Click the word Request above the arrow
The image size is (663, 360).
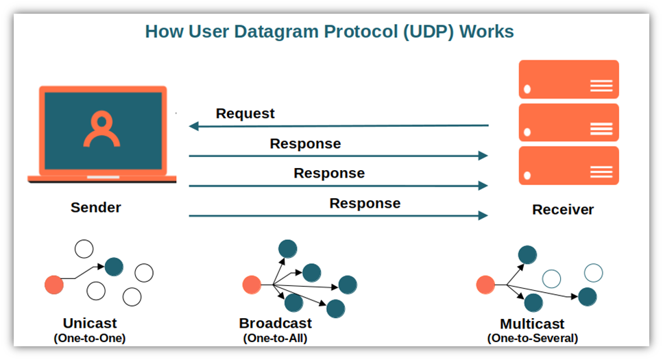[245, 114]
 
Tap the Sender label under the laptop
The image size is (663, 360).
[96, 207]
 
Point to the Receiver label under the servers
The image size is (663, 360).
[563, 210]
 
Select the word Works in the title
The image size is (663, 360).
[487, 32]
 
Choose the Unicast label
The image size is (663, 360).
[90, 323]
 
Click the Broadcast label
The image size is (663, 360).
[275, 323]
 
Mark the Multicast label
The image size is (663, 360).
[532, 324]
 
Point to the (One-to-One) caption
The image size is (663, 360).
[90, 338]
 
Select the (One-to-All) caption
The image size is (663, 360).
[275, 338]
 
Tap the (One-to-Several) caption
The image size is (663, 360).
[532, 338]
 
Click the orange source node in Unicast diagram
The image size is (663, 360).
[53, 283]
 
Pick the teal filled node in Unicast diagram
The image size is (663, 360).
[114, 266]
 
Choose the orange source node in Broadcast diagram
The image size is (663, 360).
[252, 284]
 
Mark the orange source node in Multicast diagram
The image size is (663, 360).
[485, 284]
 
